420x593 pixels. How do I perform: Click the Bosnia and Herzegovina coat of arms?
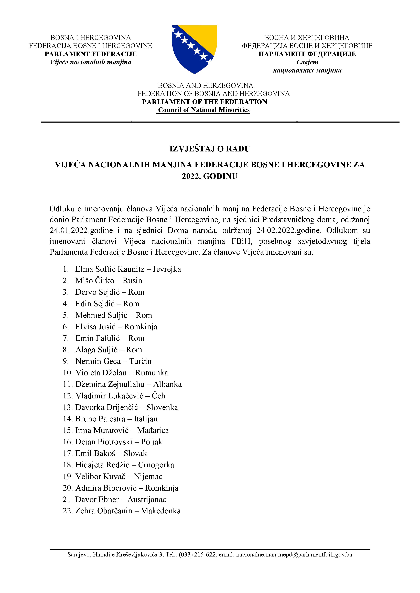point(194,49)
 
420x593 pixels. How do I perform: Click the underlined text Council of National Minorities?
point(204,110)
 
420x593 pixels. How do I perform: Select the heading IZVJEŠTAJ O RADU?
point(210,149)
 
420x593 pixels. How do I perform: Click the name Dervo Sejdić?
point(98,292)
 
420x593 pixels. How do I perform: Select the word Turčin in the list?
point(141,361)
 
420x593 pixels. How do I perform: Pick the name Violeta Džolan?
point(101,373)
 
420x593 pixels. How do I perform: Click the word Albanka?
point(167,384)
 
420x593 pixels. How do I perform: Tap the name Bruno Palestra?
point(100,419)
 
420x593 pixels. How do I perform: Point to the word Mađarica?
point(153,430)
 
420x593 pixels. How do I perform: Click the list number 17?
point(67,453)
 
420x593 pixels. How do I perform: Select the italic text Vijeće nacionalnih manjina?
point(91,62)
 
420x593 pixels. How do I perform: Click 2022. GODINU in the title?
point(210,176)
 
